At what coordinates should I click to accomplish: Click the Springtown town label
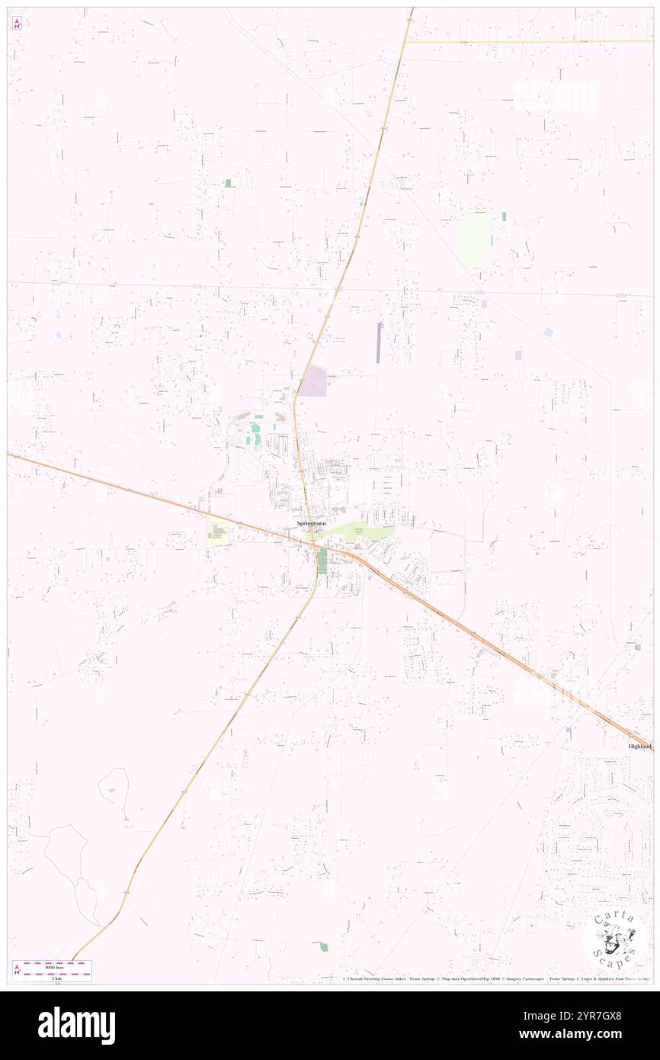tap(311, 524)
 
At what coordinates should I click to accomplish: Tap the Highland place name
tap(639, 746)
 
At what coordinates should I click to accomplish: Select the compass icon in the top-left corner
tap(17, 23)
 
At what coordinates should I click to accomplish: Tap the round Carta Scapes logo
tap(614, 940)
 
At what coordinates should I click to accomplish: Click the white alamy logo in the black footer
tap(76, 1025)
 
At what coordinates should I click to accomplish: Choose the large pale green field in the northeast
tap(474, 239)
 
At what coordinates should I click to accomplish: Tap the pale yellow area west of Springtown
tap(217, 534)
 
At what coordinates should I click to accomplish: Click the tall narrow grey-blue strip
tap(380, 342)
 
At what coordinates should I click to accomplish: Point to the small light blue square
tap(549, 332)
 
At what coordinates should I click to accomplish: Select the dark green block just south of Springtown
tap(322, 561)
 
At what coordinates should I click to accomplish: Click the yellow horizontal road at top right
tap(526, 42)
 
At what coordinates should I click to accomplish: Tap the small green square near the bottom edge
tap(324, 947)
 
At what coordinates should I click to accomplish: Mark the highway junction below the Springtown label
tap(312, 543)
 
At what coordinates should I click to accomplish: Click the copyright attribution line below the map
tap(495, 978)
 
